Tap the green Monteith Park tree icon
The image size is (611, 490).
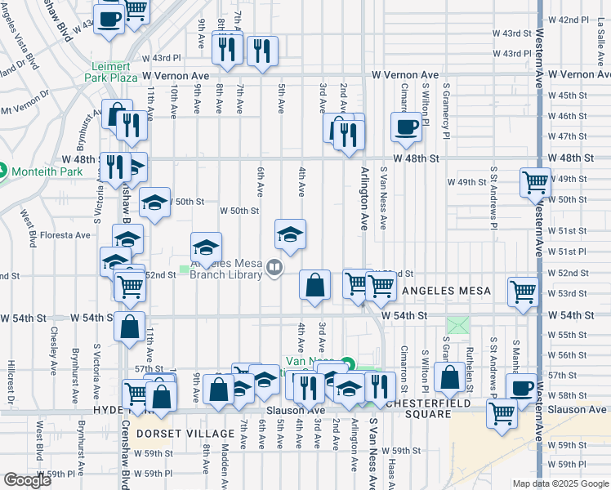click(2, 171)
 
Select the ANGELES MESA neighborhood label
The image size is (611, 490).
click(446, 291)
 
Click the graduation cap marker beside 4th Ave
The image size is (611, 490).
click(290, 234)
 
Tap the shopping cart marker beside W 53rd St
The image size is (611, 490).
click(523, 291)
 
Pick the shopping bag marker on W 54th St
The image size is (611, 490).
click(129, 326)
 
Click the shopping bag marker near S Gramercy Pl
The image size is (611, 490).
click(449, 377)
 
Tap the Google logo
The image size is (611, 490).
click(27, 479)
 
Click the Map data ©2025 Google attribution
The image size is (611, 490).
click(560, 483)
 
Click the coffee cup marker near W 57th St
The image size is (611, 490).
click(521, 388)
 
